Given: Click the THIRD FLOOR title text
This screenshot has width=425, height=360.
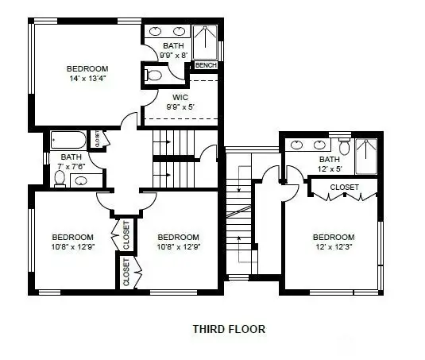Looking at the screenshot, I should [x=229, y=327].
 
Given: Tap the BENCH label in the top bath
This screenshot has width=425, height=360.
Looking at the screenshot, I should [x=206, y=65].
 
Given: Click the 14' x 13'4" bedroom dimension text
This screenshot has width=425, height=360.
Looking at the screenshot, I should [x=87, y=79].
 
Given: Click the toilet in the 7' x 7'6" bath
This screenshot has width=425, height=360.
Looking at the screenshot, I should [x=59, y=178].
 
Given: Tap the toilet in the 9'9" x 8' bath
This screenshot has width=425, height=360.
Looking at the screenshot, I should [x=153, y=76].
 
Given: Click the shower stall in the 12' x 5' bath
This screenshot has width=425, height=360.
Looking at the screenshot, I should [x=366, y=155].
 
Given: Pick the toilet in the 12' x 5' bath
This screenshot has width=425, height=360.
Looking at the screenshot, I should [x=345, y=148].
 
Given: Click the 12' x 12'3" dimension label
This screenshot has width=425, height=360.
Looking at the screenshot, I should [x=334, y=247].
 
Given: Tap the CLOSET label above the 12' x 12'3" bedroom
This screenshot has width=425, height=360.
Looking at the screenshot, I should [x=344, y=188].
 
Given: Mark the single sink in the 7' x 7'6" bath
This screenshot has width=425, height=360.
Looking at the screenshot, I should [x=81, y=181].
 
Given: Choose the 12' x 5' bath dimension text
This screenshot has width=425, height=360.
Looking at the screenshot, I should [x=330, y=168].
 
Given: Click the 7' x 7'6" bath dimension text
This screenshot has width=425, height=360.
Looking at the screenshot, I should [x=71, y=166].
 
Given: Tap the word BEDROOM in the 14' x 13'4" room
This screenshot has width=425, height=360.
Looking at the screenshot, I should [x=87, y=69].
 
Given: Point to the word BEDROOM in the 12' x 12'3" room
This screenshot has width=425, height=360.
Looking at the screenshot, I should [x=334, y=237].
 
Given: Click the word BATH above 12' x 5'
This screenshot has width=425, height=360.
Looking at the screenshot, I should [x=330, y=159].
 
